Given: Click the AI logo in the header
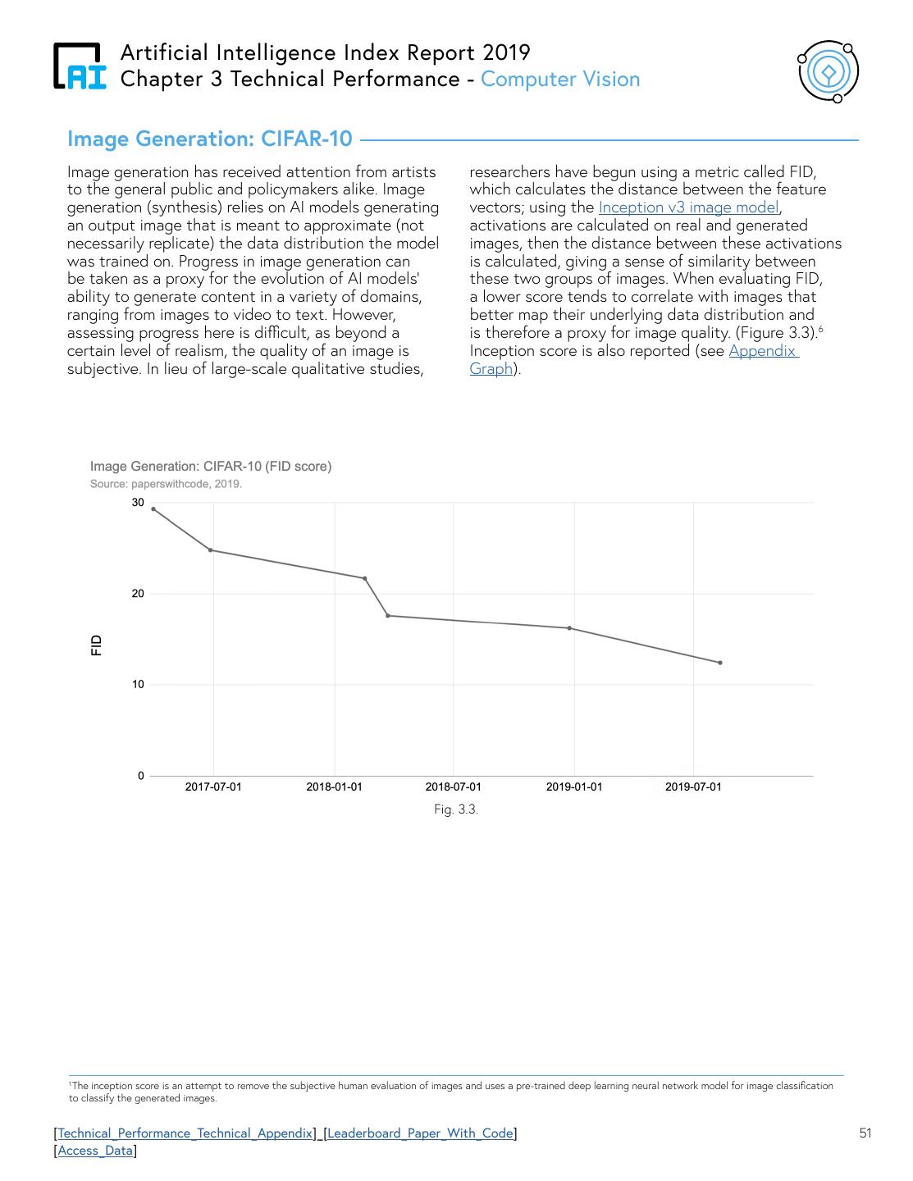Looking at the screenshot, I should pos(80,66).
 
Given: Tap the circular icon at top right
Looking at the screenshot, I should pos(829,72).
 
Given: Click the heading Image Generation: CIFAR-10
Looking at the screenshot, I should pos(209,139).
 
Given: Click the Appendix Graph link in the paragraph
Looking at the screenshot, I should pos(763,351).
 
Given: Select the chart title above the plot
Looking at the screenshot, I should pos(211,467).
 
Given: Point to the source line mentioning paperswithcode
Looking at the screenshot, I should pos(166,484).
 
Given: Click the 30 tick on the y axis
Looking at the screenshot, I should pos(138,503).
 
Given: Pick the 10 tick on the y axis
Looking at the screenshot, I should pos(138,685).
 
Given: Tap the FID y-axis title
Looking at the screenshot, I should pos(97,645).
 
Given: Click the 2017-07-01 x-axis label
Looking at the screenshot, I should pos(213,787).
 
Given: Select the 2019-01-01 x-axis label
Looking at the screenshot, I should pos(574,787).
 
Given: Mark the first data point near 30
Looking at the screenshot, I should pos(153,509).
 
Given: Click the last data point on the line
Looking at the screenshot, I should pos(720,663).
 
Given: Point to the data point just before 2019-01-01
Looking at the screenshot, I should pos(569,628).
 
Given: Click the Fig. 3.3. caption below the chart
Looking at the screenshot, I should pos(456,809).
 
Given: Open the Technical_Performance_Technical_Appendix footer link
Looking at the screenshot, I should pos(185,1133).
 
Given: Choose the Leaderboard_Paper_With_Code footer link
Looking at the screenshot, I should pos(420,1133).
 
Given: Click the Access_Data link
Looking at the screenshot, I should pos(95,1151).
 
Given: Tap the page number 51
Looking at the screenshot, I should pos(865,1133).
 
